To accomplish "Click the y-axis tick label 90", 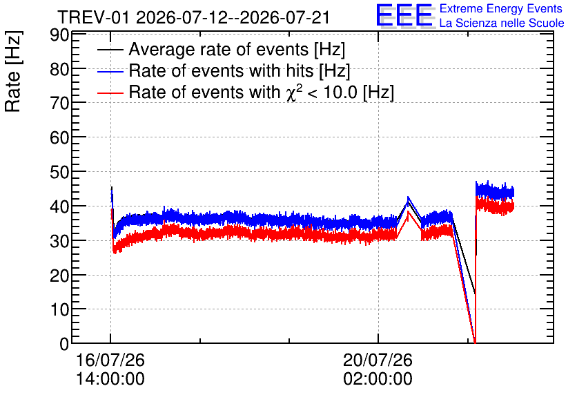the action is pos(59,35).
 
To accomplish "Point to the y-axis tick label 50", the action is pos(59,172).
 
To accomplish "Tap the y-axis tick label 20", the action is pos(59,276).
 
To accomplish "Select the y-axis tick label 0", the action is pos(64,344).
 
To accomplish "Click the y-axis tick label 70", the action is pos(59,104).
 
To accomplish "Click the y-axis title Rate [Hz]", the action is pos(13,71).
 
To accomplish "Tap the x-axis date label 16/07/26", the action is pos(110,360).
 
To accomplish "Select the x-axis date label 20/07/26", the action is pos(378,360).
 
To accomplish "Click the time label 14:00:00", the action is pos(110,379).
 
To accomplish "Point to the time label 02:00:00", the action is pos(378,379).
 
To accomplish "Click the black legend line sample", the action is pos(110,50).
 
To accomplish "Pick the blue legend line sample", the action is pos(110,71).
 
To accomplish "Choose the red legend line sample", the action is pos(110,93).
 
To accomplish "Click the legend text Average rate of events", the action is pos(219,49).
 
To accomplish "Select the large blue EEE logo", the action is pos(404,15).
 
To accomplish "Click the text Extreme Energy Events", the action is pos(501,8).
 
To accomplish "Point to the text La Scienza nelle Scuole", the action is pos(502,23).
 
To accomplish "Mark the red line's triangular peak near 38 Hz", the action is pos(408,212).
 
